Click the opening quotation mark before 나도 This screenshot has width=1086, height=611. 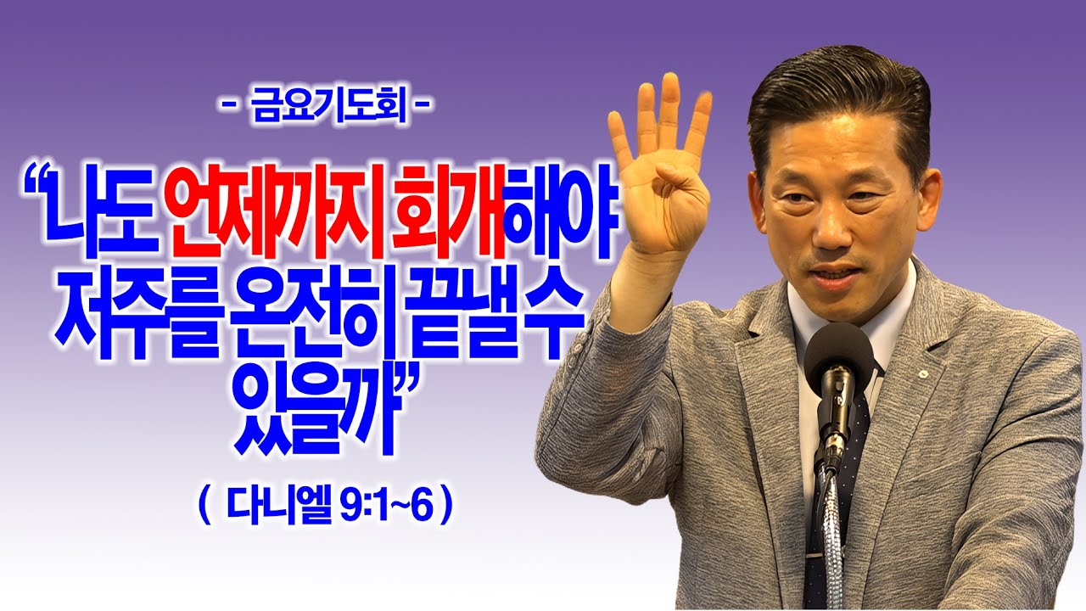point(36,183)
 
